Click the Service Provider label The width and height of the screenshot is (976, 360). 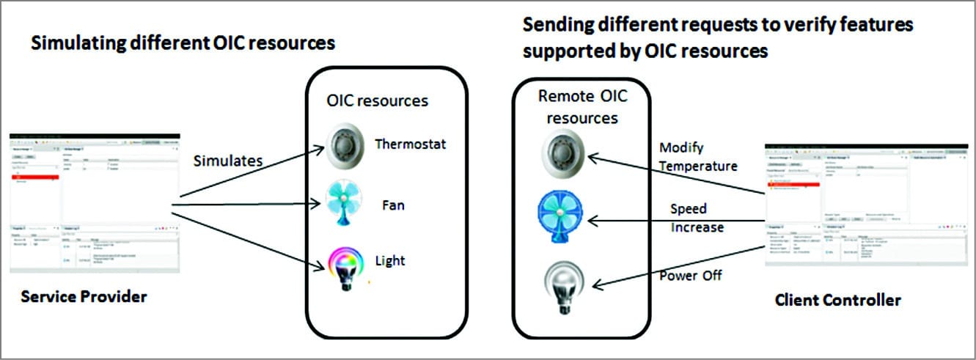[x=84, y=298]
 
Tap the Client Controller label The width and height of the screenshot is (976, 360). [x=837, y=301]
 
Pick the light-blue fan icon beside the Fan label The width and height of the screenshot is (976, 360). [x=345, y=203]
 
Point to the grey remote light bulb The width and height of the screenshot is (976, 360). [x=561, y=284]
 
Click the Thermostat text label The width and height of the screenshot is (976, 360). [x=410, y=144]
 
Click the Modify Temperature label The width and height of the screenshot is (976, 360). [x=697, y=158]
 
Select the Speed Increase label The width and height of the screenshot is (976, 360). [x=697, y=218]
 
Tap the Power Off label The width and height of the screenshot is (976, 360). [x=690, y=276]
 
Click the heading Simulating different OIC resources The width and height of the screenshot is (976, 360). [x=183, y=43]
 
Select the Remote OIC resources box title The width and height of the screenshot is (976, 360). [x=583, y=106]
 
